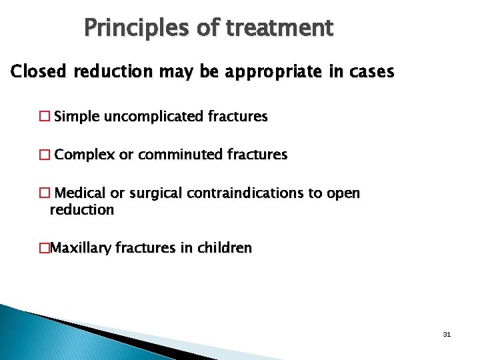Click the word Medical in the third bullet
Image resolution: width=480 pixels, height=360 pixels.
coord(80,194)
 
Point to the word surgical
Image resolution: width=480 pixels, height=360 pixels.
coord(157,194)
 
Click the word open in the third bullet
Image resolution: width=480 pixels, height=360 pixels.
coord(343,194)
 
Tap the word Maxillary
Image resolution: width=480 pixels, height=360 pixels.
coord(81,249)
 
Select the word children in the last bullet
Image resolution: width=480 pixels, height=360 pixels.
coord(226,249)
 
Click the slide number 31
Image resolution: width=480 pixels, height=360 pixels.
coord(447,334)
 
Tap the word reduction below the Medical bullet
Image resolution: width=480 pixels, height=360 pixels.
coord(81,210)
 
